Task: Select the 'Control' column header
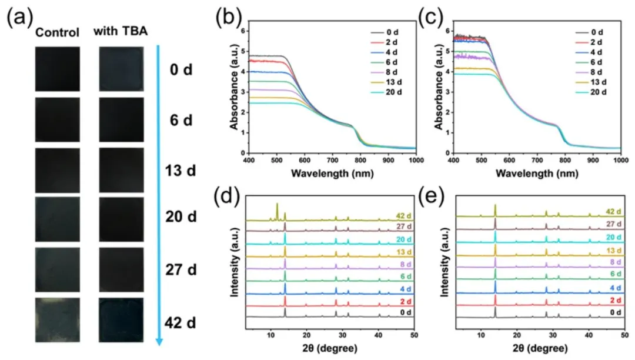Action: click(x=57, y=33)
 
